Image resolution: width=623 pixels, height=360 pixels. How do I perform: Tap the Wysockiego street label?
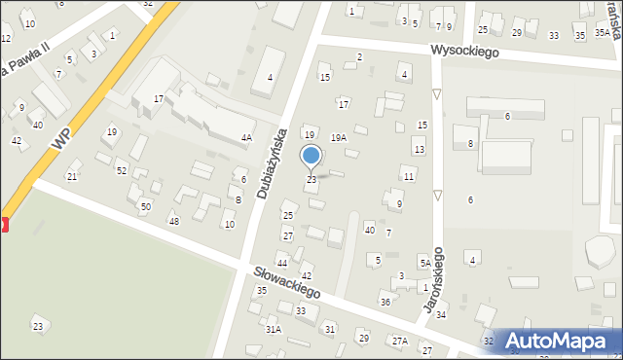[x=466, y=52]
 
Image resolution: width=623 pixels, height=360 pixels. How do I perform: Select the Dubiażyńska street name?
[x=273, y=162]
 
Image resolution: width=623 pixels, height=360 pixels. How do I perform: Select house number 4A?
[x=246, y=138]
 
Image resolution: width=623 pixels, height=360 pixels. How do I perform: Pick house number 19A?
[x=338, y=138]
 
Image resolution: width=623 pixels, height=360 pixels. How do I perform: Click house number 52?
[x=121, y=171]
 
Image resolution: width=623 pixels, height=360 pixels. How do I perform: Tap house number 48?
[x=173, y=222]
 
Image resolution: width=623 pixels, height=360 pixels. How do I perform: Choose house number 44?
[x=281, y=264]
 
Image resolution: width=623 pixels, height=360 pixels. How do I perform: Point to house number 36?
[x=385, y=303]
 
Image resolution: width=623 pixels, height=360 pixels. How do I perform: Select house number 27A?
[x=399, y=341]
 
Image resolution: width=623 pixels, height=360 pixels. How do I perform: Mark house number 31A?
[x=274, y=330]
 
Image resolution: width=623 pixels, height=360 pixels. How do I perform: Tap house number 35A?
[x=604, y=32]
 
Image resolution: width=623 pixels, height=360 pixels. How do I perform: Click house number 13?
[x=419, y=150]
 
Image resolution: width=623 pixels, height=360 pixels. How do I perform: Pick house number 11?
[x=409, y=176]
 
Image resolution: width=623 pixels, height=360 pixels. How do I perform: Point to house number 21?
[x=71, y=176]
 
